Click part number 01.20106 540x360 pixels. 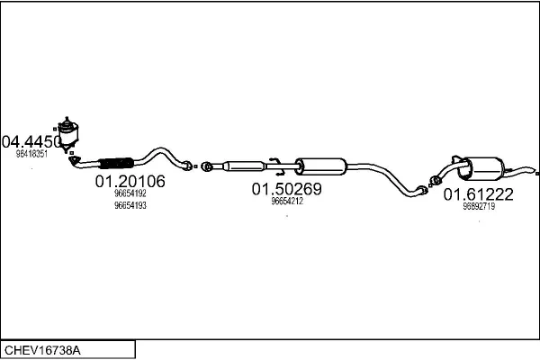click(130, 182)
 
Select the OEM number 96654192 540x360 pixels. click(130, 193)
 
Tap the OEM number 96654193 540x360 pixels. click(130, 205)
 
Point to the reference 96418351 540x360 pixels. click(32, 154)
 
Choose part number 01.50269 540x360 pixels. click(286, 189)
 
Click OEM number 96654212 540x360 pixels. click(286, 202)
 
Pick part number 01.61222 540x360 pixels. click(477, 193)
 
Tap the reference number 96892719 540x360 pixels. click(478, 206)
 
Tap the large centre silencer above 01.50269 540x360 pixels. click(320, 166)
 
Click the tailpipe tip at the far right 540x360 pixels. click(531, 170)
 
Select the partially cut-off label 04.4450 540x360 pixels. click(31, 141)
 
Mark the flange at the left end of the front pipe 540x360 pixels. click(76, 162)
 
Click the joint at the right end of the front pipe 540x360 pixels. click(187, 165)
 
